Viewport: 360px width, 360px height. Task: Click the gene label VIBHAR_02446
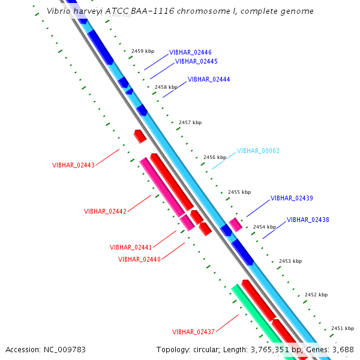[x=190, y=52]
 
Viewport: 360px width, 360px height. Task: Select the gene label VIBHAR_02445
[x=196, y=61]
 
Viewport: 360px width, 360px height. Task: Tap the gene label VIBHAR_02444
[x=209, y=79]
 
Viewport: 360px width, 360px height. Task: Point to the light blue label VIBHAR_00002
[x=258, y=151]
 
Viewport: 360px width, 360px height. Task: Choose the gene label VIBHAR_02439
[x=292, y=198]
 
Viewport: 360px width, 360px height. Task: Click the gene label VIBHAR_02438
[x=308, y=220]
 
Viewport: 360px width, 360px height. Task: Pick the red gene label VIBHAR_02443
[x=73, y=165]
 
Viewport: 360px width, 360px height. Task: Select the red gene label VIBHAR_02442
[x=105, y=211]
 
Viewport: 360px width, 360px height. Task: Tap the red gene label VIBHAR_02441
[x=131, y=247]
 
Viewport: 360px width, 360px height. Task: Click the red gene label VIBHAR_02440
[x=139, y=259]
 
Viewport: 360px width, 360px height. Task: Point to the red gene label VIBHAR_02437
[x=193, y=332]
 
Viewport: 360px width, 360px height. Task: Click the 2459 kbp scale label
[x=143, y=52]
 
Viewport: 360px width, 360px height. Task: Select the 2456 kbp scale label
[x=215, y=157]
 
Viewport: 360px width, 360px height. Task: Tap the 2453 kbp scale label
[x=290, y=261]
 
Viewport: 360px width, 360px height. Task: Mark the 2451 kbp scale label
[x=343, y=328]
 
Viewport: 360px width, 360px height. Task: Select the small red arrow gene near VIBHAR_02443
[x=140, y=136]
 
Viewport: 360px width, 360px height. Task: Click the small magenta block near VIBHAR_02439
[x=235, y=225]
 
